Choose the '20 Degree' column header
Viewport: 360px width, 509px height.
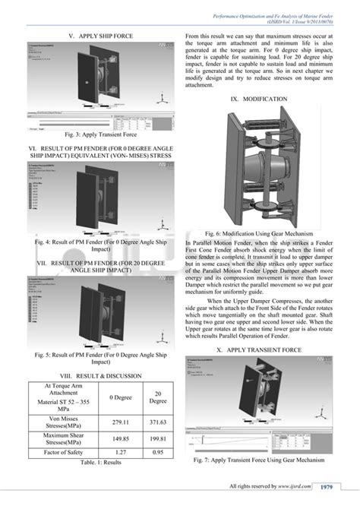[x=158, y=397]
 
